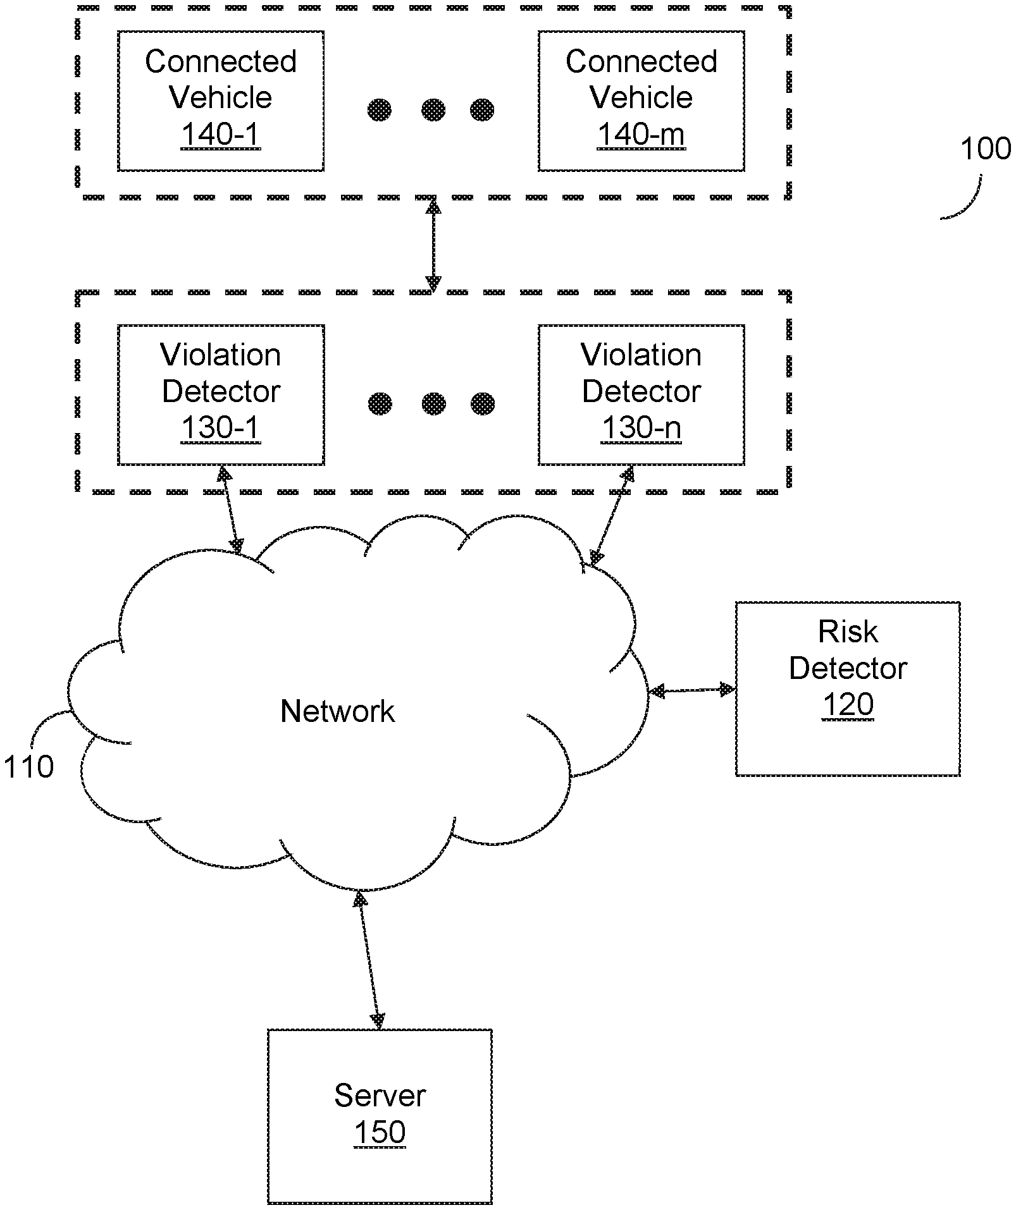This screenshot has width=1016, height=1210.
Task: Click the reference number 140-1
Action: (x=220, y=135)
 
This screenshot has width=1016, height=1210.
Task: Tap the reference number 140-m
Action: (x=641, y=135)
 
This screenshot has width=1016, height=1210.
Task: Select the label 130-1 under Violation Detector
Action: (x=220, y=428)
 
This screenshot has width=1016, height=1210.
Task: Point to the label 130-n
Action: (x=641, y=428)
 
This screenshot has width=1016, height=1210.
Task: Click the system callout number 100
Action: (x=985, y=149)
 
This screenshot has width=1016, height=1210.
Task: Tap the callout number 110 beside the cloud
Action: (x=28, y=767)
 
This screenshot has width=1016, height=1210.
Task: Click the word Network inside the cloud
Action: (x=337, y=711)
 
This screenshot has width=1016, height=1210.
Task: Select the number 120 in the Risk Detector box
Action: (x=848, y=705)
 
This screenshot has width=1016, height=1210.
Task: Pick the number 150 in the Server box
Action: (x=380, y=1132)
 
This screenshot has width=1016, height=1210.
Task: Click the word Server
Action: (x=380, y=1096)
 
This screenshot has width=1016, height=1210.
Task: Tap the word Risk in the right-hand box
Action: (x=848, y=632)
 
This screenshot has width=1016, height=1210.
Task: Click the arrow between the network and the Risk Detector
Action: (x=692, y=690)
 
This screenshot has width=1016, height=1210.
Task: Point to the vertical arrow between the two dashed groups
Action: (x=433, y=245)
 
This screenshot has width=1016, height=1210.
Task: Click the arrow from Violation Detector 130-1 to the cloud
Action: (x=230, y=510)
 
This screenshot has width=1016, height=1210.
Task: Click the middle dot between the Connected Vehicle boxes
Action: (x=433, y=110)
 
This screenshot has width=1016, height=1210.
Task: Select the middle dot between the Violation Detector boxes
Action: (x=433, y=403)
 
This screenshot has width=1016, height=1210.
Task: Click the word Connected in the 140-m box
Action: (x=641, y=61)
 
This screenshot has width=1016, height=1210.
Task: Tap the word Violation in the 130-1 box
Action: (x=220, y=355)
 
